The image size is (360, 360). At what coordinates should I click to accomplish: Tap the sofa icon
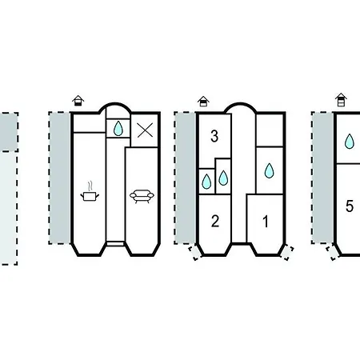142,197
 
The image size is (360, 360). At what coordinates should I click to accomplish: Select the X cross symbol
145,130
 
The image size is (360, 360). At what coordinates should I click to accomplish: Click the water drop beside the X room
118,128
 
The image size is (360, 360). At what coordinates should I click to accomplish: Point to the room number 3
214,136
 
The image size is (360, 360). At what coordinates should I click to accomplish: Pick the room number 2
215,221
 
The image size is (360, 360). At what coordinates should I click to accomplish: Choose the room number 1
266,222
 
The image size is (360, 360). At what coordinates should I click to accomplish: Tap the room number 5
350,206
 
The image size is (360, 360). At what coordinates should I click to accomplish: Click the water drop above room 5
350,142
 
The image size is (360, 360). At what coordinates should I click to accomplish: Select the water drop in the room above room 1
270,170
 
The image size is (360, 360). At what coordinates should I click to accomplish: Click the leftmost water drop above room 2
206,182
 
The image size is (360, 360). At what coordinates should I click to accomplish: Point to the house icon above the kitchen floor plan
78,101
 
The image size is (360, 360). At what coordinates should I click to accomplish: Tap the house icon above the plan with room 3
203,102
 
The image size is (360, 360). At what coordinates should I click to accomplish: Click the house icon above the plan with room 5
341,100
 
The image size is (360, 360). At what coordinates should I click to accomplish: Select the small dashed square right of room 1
287,253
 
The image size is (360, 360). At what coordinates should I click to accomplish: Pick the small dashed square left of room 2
195,253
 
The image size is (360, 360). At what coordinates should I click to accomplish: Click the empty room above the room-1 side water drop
270,130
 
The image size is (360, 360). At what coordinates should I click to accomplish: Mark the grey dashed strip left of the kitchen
60,178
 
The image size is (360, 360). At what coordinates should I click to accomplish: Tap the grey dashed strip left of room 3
186,178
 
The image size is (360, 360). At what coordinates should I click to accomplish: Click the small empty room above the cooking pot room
89,123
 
